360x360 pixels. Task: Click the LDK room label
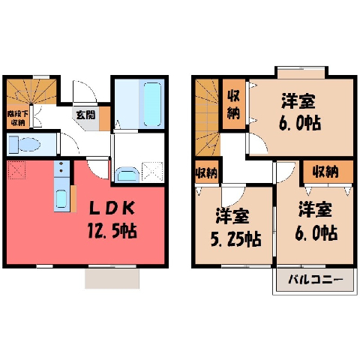coord(112,208)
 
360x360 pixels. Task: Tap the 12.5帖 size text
coord(112,231)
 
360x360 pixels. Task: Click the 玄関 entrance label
coord(85,115)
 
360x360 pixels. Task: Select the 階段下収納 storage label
coord(17,118)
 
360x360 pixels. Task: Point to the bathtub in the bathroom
coord(152,104)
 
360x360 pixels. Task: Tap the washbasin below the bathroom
coord(127,174)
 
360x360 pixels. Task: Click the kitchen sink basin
coord(61,199)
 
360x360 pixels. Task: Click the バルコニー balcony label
coord(315,280)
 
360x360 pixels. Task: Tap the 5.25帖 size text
coord(235,239)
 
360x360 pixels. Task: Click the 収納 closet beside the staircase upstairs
coord(233,104)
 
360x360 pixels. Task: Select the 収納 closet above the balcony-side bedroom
coord(328,172)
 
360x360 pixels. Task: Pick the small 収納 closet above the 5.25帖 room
coord(206,172)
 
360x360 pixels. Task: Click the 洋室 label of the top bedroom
coord(298,100)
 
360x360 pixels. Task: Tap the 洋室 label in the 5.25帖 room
coord(232,215)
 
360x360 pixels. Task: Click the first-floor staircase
coord(31,91)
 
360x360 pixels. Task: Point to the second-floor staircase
coord(208,118)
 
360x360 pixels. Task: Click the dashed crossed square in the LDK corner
coord(16,170)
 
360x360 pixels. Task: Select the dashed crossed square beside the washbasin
coord(152,172)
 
